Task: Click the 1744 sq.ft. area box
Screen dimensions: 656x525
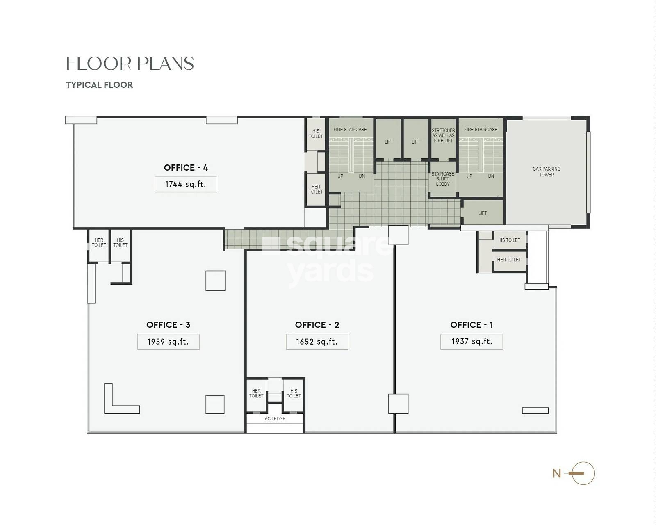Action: click(186, 184)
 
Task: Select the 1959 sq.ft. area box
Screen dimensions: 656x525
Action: click(168, 342)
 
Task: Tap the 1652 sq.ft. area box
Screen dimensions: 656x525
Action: click(317, 342)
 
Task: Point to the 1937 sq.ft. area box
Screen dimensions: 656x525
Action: click(471, 342)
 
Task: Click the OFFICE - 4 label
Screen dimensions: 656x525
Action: click(186, 167)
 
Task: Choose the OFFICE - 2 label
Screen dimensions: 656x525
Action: click(317, 325)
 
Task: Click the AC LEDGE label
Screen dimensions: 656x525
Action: click(275, 418)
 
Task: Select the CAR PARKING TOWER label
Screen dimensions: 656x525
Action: click(547, 172)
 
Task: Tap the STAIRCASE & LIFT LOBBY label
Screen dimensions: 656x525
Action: click(443, 179)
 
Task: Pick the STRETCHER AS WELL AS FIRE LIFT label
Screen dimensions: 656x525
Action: click(443, 135)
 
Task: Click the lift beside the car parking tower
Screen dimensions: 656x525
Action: click(483, 212)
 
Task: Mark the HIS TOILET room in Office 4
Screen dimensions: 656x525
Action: click(316, 134)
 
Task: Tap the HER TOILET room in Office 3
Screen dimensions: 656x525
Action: click(99, 245)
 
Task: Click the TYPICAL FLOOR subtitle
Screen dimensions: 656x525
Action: click(99, 85)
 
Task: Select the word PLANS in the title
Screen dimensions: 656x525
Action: click(165, 64)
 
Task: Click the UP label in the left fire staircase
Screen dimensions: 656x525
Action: click(340, 176)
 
